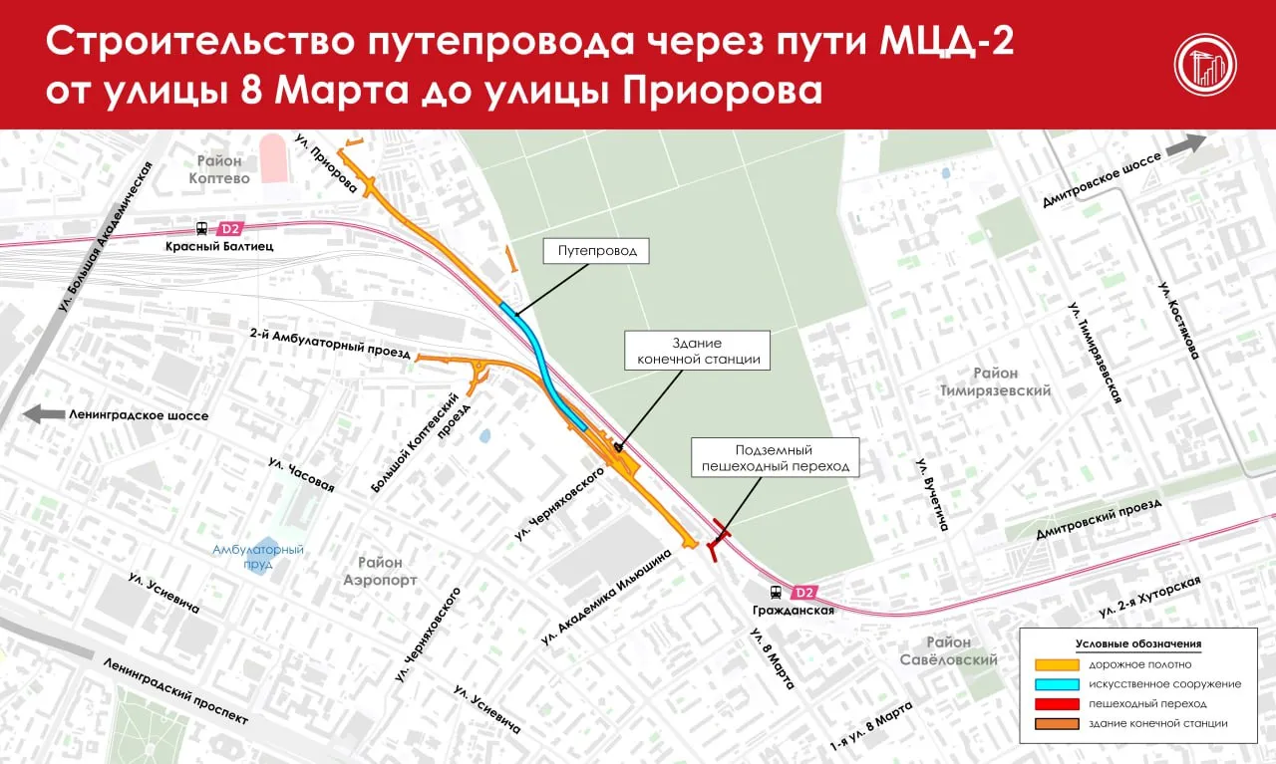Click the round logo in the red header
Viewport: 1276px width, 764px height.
(x=1204, y=65)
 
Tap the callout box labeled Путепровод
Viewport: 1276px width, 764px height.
(x=596, y=251)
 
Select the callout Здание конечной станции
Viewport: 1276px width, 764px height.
(x=698, y=351)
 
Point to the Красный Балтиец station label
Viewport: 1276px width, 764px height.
(x=220, y=245)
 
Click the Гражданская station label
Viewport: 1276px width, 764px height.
(x=794, y=611)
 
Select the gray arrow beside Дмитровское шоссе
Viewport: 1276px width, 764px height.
(x=1185, y=144)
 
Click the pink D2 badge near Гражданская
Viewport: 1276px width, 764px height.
(x=804, y=592)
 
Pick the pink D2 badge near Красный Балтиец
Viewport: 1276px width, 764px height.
(x=231, y=227)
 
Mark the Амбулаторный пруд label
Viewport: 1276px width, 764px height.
(x=258, y=557)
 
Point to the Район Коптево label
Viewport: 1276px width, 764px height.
(x=219, y=169)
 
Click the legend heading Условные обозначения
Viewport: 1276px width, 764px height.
(x=1138, y=644)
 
